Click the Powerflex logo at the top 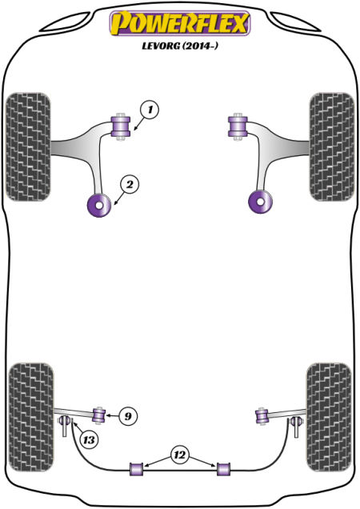click(x=180, y=22)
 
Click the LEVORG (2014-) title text click(x=180, y=46)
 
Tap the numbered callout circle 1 click(x=150, y=110)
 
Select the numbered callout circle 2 click(x=130, y=184)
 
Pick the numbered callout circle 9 click(x=128, y=416)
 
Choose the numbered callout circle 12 click(x=179, y=455)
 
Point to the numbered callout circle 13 click(x=89, y=440)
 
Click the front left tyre click(x=28, y=146)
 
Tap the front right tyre click(x=331, y=146)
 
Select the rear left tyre click(x=31, y=417)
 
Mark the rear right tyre click(x=329, y=417)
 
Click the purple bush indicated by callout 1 click(x=121, y=126)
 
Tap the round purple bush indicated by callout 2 click(x=100, y=205)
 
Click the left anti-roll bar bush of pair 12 click(x=137, y=469)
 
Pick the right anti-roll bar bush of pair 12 click(x=223, y=469)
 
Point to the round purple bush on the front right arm click(x=260, y=202)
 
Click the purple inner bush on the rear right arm click(x=262, y=417)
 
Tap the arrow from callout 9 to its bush click(x=113, y=415)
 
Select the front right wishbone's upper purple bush click(x=238, y=126)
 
